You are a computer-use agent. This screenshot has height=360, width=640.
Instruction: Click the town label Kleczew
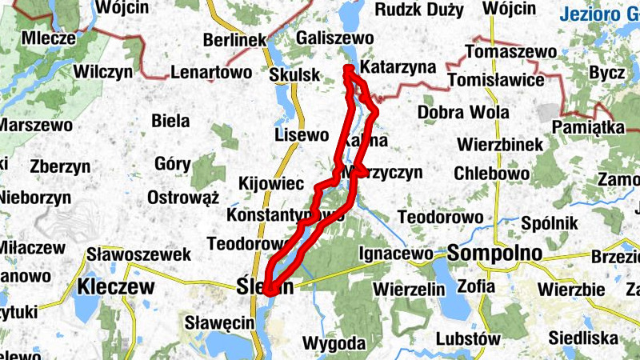pyautogui.click(x=116, y=286)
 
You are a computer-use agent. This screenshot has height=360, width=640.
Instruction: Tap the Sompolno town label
pyautogui.click(x=495, y=254)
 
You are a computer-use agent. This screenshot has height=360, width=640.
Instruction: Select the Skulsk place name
pyautogui.click(x=294, y=74)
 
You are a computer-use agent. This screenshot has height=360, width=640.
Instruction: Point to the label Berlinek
pyautogui.click(x=234, y=40)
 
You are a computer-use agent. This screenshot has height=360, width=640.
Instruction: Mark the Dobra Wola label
pyautogui.click(x=463, y=112)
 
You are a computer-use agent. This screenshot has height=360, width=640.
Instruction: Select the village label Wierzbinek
pyautogui.click(x=502, y=145)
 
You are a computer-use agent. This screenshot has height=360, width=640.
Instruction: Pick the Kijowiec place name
pyautogui.click(x=271, y=184)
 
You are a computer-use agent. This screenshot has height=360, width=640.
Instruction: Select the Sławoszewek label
pyautogui.click(x=141, y=254)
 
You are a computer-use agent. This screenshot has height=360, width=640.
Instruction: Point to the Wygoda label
pyautogui.click(x=334, y=344)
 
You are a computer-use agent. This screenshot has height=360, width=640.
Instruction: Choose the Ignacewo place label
pyautogui.click(x=395, y=254)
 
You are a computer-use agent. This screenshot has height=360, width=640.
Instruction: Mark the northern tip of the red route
pyautogui.click(x=347, y=69)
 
